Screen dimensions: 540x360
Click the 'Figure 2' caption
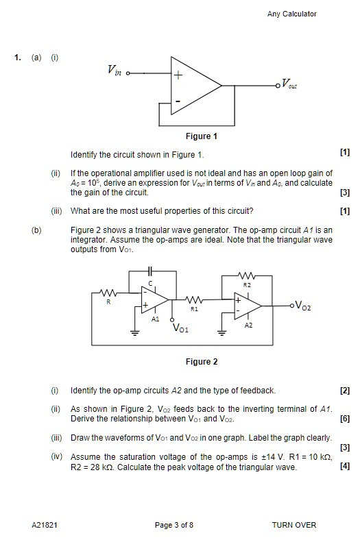(x=202, y=362)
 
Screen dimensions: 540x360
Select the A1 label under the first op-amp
(x=156, y=319)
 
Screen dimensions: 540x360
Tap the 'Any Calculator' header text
(x=292, y=14)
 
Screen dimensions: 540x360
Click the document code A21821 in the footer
(x=45, y=525)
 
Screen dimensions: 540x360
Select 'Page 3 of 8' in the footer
(x=174, y=525)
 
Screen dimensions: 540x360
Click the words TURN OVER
(x=294, y=525)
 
